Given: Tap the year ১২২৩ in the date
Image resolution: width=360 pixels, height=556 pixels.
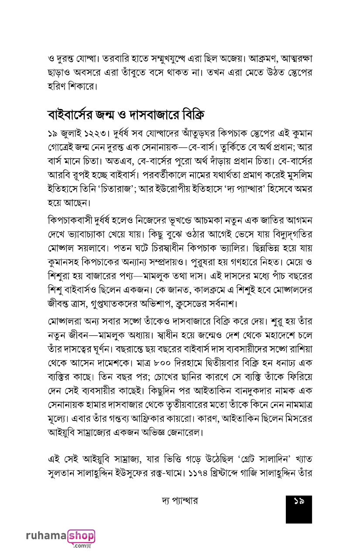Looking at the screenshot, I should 96,133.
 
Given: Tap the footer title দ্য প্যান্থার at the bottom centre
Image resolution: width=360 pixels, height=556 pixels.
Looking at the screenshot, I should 179,501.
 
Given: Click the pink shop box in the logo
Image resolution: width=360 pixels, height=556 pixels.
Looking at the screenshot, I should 81,536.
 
